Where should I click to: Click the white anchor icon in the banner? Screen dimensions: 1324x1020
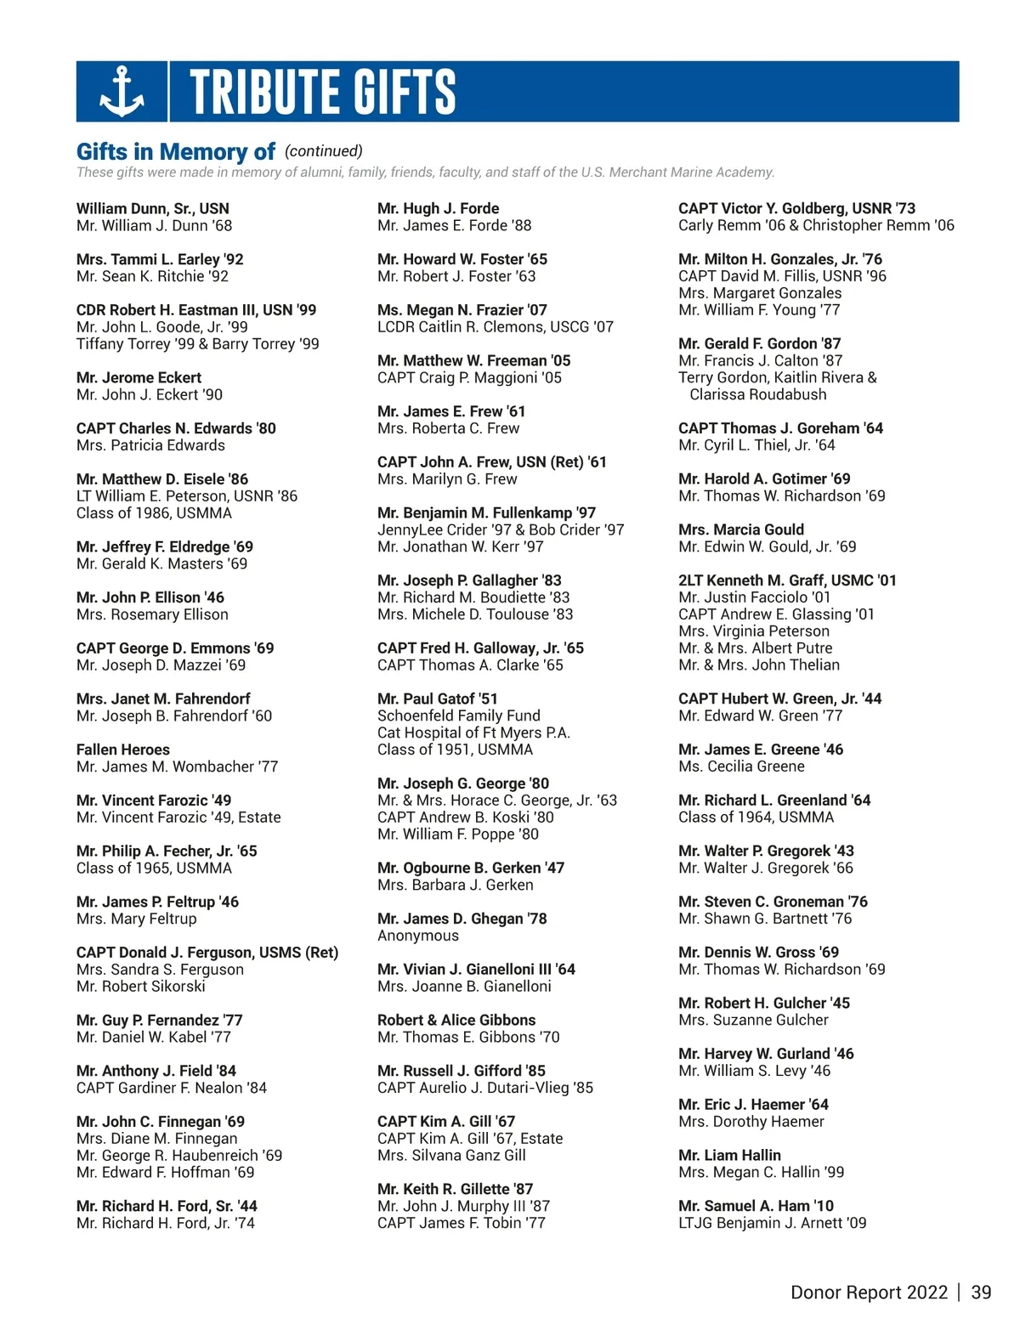(x=122, y=91)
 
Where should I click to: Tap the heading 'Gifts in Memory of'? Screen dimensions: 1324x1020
(x=175, y=152)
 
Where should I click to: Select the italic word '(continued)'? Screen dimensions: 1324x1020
(x=323, y=151)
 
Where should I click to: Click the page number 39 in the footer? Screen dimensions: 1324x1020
(x=981, y=1293)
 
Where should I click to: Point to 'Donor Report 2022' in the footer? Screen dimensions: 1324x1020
(x=869, y=1293)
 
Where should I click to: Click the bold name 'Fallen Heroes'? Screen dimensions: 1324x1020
(x=123, y=750)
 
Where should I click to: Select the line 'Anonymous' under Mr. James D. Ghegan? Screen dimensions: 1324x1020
(x=418, y=936)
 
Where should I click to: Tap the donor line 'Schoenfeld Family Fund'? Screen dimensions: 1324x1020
(x=459, y=716)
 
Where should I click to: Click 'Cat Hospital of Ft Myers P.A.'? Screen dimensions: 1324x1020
(x=473, y=733)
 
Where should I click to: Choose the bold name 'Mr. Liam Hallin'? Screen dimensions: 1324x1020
(x=729, y=1155)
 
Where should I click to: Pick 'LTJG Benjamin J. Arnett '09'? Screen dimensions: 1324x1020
(x=772, y=1223)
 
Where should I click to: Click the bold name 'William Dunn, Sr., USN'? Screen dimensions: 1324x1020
(x=153, y=208)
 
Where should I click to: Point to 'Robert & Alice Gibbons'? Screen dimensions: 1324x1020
(x=456, y=1020)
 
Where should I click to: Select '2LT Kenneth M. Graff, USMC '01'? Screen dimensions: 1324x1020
(x=787, y=580)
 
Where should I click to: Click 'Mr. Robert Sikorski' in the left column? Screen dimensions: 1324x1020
(x=141, y=987)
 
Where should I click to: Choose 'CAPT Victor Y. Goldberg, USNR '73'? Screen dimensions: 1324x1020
(x=796, y=208)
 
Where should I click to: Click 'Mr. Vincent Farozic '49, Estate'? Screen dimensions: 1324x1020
(x=178, y=818)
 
